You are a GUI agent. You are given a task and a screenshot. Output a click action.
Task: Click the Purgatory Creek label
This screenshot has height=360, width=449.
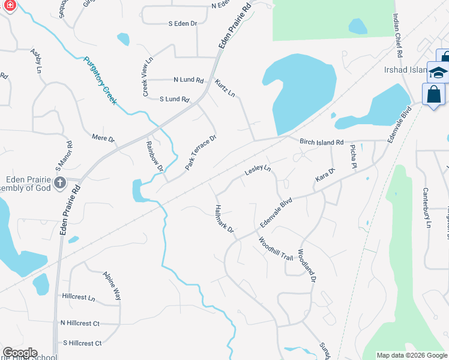(x=100, y=80)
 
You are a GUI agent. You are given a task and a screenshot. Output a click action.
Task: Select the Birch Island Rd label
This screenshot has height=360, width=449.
(x=321, y=142)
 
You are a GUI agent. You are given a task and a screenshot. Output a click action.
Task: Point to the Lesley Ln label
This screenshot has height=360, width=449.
(x=258, y=171)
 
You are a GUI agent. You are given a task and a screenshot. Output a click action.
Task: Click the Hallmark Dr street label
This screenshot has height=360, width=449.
(x=223, y=220)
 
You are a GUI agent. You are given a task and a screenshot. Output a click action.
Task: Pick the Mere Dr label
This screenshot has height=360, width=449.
(x=103, y=139)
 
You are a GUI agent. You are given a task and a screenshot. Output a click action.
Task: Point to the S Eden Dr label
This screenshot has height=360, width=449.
(x=182, y=23)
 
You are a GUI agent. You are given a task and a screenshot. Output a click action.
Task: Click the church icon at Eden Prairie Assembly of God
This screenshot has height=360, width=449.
(x=59, y=183)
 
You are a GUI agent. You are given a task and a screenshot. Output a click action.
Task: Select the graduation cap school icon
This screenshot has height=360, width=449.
(x=438, y=73)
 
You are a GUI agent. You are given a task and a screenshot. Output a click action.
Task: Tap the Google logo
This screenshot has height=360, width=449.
(x=20, y=353)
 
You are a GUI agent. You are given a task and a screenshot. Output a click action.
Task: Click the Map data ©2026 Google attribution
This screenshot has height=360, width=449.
(x=411, y=355)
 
